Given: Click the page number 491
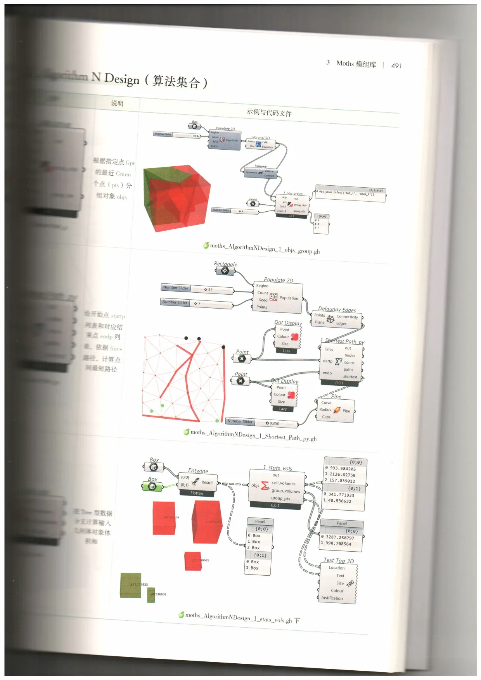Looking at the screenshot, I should click(396, 66).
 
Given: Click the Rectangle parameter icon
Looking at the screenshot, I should click(225, 271).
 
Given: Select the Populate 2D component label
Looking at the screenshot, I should click(279, 280).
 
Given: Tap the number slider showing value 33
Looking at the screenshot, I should click(197, 289).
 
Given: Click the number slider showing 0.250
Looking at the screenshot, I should click(261, 423).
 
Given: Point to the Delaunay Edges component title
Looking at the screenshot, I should click(337, 309).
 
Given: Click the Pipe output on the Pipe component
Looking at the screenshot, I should click(346, 411).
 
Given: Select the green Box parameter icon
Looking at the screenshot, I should click(152, 487).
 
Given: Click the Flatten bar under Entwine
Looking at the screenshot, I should click(197, 493).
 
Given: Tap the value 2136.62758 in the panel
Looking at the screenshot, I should click(342, 475).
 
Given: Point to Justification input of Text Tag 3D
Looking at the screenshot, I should click(332, 598).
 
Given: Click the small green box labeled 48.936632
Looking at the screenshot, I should click(151, 595).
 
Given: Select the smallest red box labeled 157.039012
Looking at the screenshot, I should click(193, 561).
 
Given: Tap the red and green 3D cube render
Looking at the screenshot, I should click(176, 198).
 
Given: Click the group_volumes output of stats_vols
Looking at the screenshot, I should click(286, 491).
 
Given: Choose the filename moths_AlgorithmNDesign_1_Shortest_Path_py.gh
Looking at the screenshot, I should click(253, 435).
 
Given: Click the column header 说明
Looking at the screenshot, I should click(117, 104).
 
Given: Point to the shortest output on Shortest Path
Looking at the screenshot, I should click(350, 376).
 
